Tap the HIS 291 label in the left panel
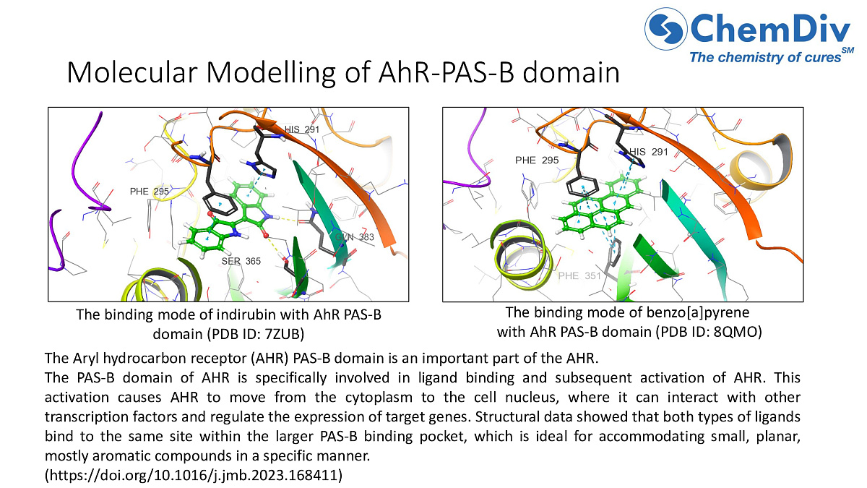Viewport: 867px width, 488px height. click(301, 129)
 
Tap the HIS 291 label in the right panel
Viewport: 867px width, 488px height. click(648, 152)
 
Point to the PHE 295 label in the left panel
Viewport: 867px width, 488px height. click(149, 192)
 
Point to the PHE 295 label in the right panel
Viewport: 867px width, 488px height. click(535, 160)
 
